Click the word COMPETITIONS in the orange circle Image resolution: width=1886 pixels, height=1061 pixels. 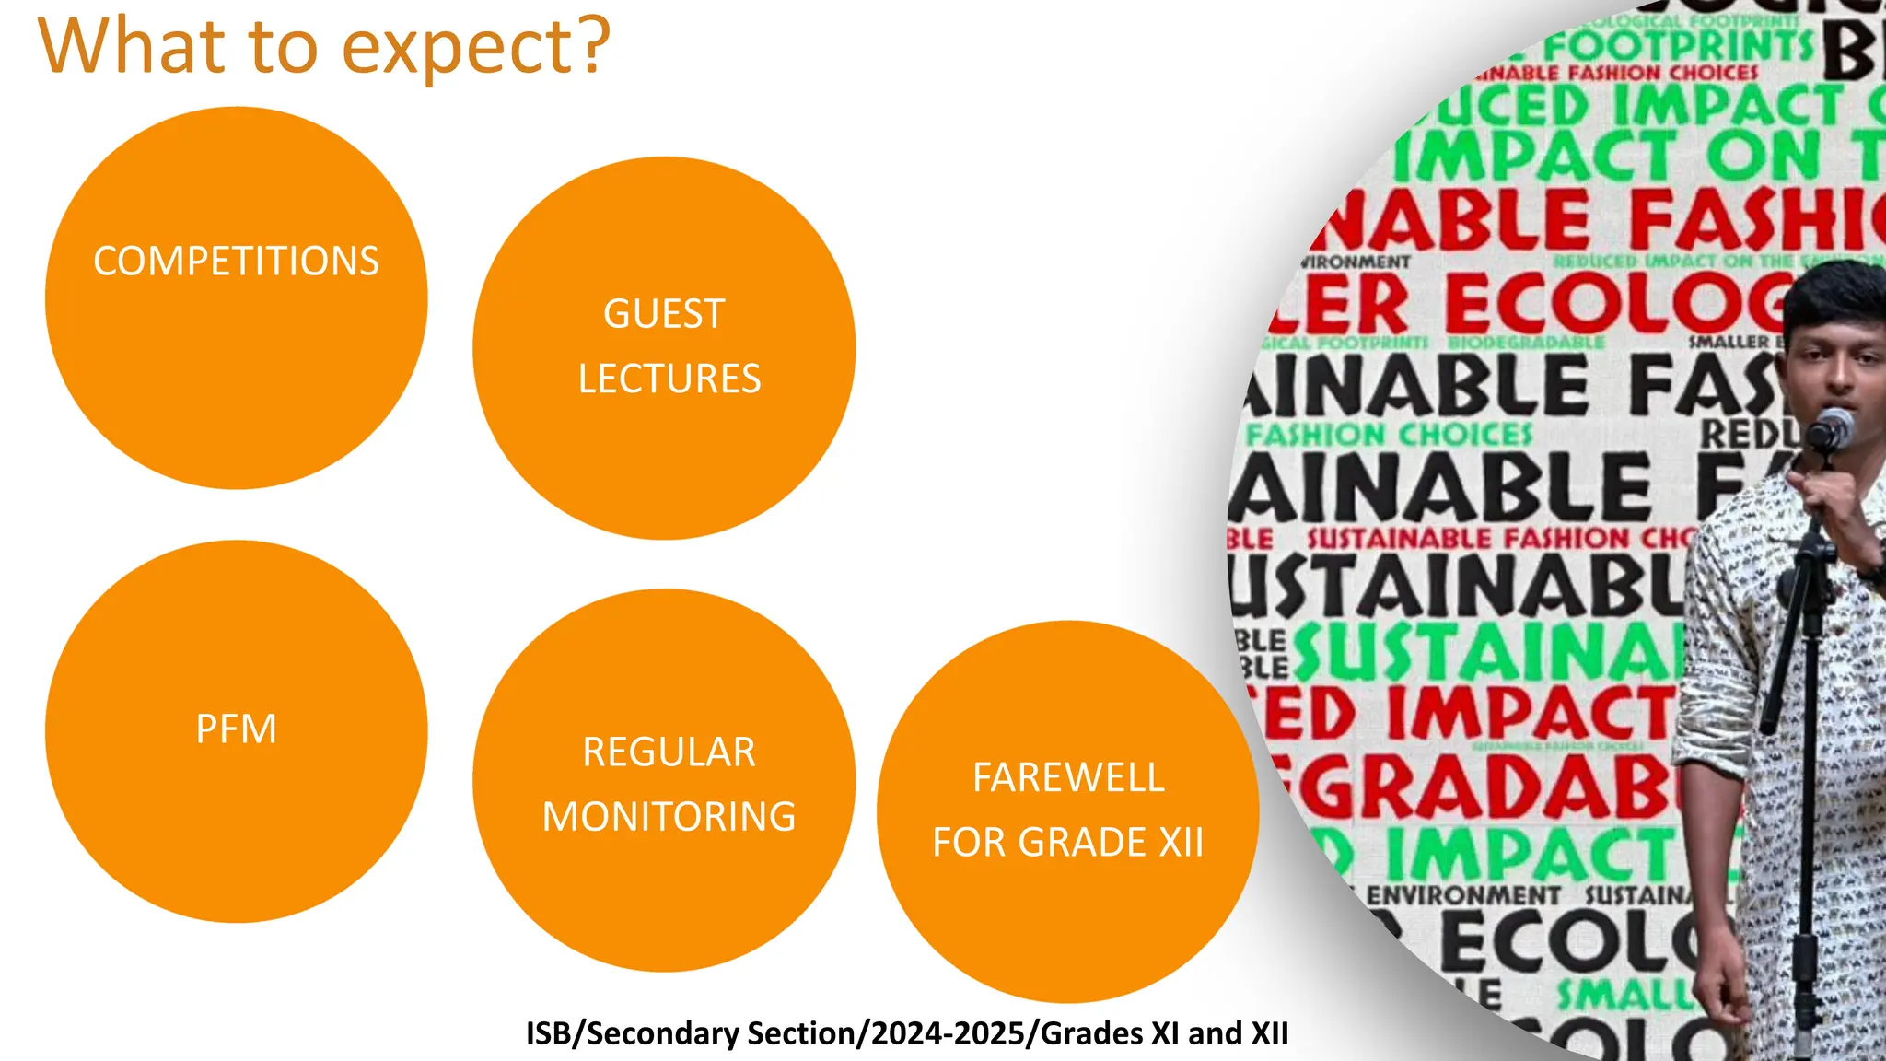point(236,262)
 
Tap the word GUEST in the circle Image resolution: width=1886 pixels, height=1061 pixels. point(664,314)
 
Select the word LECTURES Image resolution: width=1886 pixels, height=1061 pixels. point(669,379)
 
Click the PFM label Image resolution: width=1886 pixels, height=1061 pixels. point(236,729)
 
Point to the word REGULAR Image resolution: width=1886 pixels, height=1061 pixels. point(669,752)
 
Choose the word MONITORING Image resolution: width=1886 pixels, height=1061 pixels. point(669,817)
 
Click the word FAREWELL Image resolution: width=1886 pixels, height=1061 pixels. point(1068,778)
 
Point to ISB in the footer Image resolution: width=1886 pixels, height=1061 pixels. point(548,1033)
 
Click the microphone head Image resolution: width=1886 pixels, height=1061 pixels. point(1831,429)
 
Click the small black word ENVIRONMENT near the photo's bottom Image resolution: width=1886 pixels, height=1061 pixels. point(1463,895)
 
